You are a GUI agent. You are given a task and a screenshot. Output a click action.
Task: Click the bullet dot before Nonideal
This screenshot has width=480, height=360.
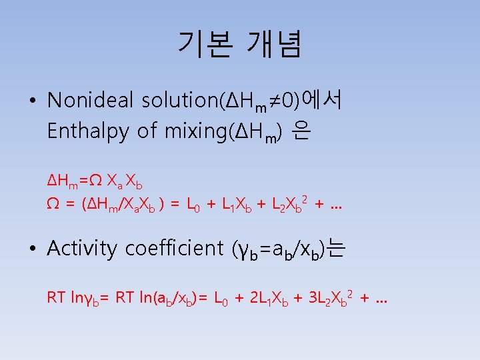[x=32, y=101]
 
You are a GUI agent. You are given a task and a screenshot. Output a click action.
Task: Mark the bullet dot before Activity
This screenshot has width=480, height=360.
[x=32, y=249]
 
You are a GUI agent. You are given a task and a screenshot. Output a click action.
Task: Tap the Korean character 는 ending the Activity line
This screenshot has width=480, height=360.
[x=337, y=249]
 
